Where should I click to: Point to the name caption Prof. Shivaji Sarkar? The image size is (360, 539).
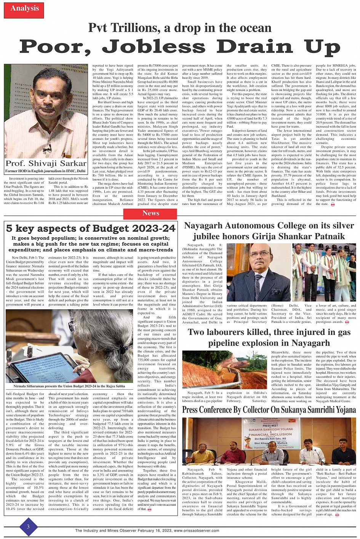[46, 163]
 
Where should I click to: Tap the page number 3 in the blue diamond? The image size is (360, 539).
[28, 527]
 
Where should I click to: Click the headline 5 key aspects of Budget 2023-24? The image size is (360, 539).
[91, 228]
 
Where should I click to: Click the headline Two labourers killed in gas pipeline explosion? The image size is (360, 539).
[269, 337]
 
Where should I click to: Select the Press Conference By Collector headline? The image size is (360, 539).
[269, 410]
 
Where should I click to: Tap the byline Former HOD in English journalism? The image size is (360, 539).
[46, 171]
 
